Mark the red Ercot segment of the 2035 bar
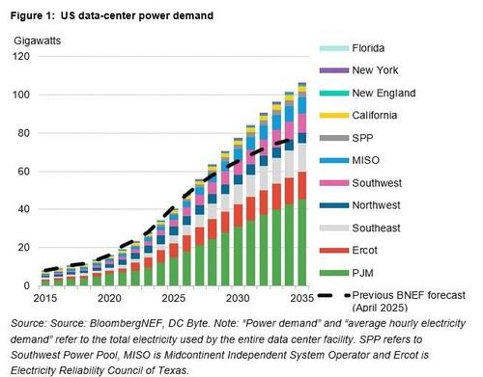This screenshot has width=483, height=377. click(x=329, y=185)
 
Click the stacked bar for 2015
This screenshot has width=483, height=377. click(x=44, y=281)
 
